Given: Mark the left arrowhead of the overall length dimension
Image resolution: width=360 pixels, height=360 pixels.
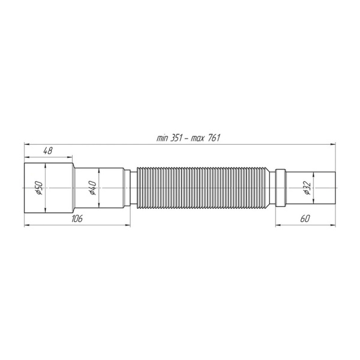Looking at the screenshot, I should point(26,144).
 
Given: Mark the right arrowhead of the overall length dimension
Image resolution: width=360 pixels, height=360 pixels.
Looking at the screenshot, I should point(333,144).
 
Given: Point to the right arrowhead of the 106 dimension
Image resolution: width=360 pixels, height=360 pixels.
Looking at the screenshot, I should point(128,225).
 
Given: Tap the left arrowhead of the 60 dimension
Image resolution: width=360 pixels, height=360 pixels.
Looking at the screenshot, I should point(278,225).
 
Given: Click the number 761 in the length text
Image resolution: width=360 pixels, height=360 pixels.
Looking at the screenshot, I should point(213,138).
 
